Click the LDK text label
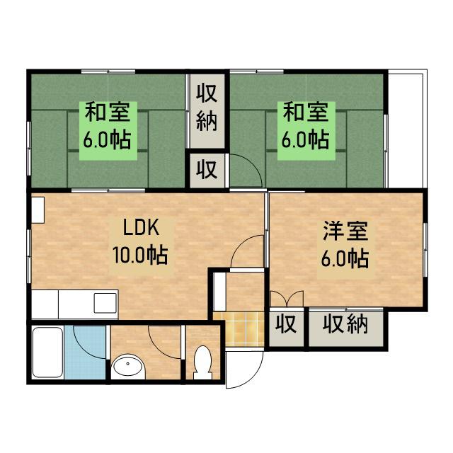pos(144,228)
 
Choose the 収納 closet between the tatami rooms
pos(207,106)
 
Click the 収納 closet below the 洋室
pos(346,326)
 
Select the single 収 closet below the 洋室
pos(286,326)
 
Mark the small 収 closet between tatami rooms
pos(207,169)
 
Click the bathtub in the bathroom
pos(47,352)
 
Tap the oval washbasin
pos(128,367)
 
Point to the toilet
pos(202,360)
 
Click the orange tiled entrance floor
pos(241,328)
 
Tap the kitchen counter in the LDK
pos(74,305)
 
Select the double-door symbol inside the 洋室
pos(286,298)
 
